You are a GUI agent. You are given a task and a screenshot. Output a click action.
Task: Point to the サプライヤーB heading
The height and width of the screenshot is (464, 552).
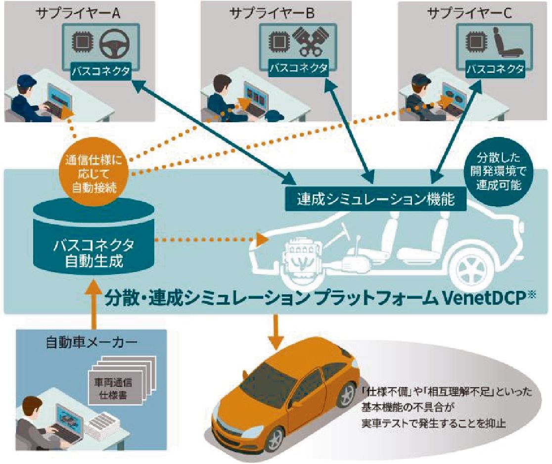point(272,12)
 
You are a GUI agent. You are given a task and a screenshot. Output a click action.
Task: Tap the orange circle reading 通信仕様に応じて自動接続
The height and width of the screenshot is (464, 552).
point(92,174)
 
